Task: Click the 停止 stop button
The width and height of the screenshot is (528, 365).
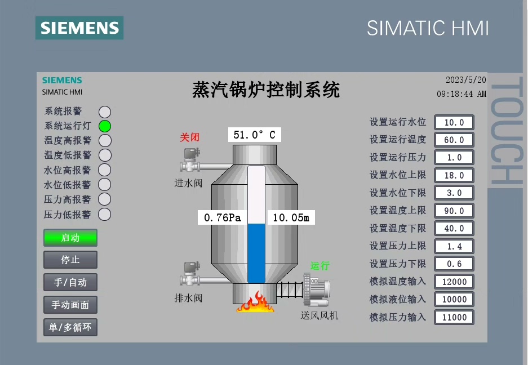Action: click(70, 260)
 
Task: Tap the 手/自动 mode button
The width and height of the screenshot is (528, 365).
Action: click(70, 282)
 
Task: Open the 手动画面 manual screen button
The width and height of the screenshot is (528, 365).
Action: click(70, 305)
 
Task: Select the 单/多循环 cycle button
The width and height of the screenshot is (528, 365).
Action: click(70, 327)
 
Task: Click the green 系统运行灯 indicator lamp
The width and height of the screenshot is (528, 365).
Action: click(105, 126)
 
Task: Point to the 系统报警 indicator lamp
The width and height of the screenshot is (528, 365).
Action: click(105, 112)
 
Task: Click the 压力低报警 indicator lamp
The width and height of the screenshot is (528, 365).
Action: click(105, 215)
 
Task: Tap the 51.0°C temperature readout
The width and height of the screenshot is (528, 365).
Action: click(254, 135)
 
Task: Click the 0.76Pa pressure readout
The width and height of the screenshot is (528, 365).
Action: click(222, 217)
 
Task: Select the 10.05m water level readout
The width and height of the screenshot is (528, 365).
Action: click(291, 217)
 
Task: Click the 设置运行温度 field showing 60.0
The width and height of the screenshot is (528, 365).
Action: click(454, 140)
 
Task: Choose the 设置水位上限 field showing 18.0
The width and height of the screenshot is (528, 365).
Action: click(454, 175)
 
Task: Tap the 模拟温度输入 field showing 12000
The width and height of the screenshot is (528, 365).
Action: click(454, 282)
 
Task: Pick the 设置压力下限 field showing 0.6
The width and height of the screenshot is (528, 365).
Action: click(454, 264)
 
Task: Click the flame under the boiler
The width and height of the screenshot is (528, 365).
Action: click(256, 302)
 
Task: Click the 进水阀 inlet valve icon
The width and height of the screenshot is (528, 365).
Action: click(190, 161)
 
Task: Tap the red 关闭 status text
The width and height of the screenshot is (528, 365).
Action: click(190, 137)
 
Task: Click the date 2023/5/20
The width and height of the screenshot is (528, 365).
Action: click(465, 80)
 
